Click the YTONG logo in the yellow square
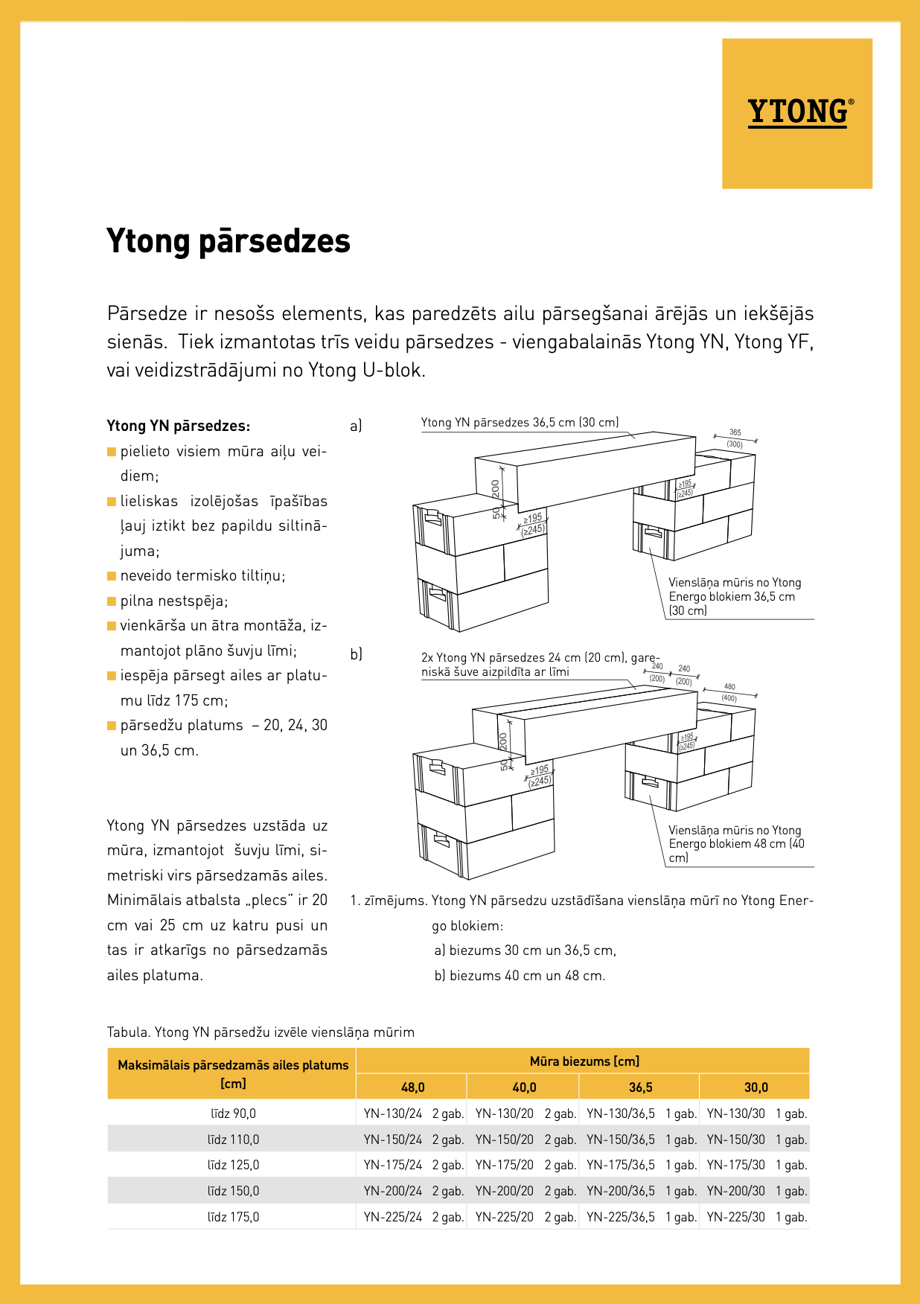coord(798,112)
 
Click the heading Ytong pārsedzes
coord(229,241)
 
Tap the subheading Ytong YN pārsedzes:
coord(179,426)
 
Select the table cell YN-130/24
coord(393,1113)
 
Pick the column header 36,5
coord(640,1087)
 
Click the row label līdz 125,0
coord(233,1165)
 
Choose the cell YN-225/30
coord(735,1217)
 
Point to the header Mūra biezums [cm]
coord(584,1061)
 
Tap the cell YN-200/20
coord(505,1191)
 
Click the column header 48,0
coord(412,1087)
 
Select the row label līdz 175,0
coord(233,1217)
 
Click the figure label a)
coord(356,426)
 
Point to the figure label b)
coord(356,653)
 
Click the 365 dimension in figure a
coord(735,432)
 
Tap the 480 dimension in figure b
coord(729,687)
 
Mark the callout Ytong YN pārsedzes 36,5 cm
coord(520,423)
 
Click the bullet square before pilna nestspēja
coord(112,601)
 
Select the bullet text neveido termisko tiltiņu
coord(202,575)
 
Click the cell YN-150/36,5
coord(621,1140)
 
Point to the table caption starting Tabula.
coord(261,1032)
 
